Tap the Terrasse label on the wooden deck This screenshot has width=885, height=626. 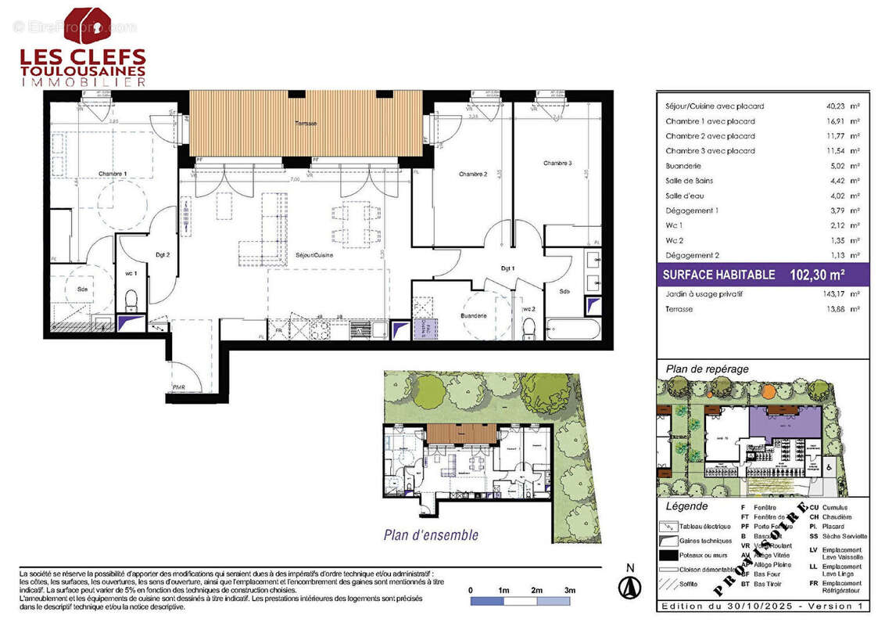point(306,124)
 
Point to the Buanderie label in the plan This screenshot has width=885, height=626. point(474,315)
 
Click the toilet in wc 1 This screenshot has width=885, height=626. point(131,298)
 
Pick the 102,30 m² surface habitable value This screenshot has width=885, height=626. point(818,275)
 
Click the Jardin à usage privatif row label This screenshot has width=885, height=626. point(704,294)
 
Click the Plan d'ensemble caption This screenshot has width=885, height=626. point(431,535)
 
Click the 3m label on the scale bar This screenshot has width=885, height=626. point(570,589)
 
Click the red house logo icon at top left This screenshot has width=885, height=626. point(87,26)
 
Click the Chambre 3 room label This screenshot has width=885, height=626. point(557,163)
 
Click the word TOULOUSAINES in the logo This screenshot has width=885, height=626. point(82,70)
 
